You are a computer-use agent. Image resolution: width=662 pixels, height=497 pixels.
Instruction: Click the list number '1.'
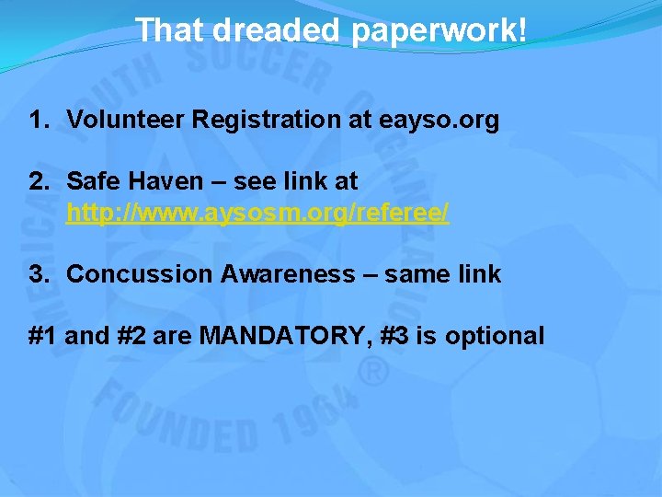click(x=39, y=119)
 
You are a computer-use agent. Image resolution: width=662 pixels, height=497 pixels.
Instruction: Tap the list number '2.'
click(x=39, y=180)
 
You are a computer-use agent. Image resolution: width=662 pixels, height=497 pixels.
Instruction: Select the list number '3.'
click(x=39, y=273)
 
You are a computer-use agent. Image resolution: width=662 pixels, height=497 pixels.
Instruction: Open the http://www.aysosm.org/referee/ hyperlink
click(x=257, y=214)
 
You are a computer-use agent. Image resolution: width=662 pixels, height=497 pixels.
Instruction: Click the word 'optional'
click(x=495, y=336)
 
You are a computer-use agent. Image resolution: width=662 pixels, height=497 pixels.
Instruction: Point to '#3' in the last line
click(x=395, y=336)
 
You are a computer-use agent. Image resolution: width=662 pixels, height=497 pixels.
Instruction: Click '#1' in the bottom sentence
click(x=44, y=336)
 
